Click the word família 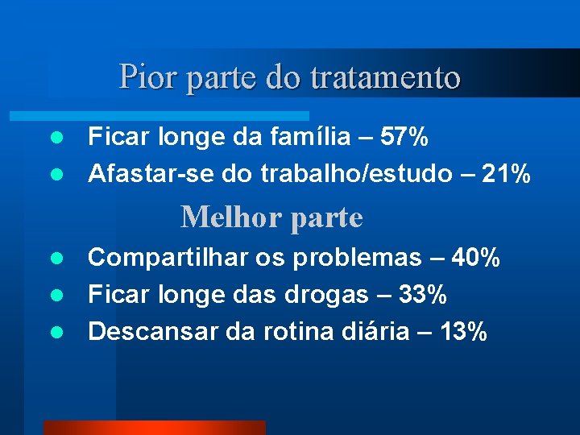[298, 138]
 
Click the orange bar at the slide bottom [154, 428]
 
